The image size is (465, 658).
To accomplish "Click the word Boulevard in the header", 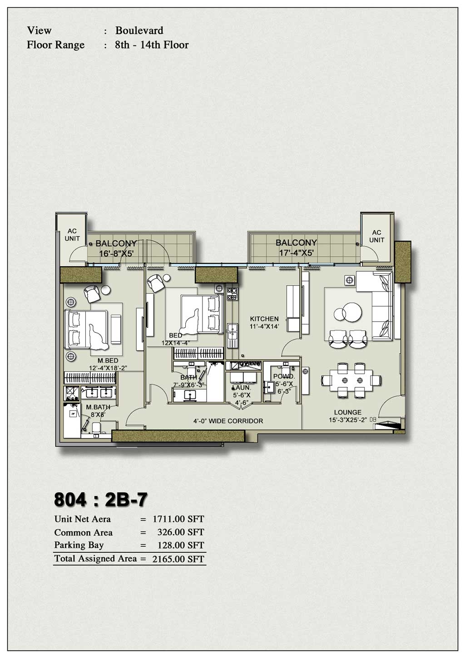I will tap(139, 31).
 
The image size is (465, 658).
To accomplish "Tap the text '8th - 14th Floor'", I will tap(152, 45).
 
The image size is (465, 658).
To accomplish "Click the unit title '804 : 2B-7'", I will tap(100, 499).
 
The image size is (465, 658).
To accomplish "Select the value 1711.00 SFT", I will tap(178, 519).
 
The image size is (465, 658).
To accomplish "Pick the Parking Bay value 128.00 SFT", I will tap(178, 545).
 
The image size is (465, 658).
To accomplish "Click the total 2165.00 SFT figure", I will tap(178, 559).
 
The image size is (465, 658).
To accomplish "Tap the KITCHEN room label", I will tap(264, 319).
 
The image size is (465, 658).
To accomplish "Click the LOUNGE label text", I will tap(348, 412).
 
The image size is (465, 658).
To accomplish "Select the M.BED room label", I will tap(108, 361).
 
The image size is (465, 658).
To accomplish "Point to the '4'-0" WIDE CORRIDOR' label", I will tap(228, 421).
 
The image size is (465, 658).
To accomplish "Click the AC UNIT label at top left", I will tap(72, 235).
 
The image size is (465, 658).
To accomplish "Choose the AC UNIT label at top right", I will tap(376, 236).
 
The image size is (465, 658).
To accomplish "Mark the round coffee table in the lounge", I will tap(348, 313).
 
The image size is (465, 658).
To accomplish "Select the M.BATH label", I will tap(98, 407).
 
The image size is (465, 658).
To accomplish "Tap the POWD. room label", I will tap(284, 376).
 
